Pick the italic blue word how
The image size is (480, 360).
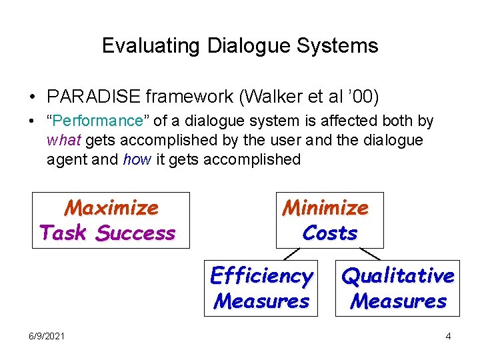coord(137,159)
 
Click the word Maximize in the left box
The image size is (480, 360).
coord(111,208)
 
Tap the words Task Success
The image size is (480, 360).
coord(107,233)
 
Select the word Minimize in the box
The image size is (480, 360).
coord(325,208)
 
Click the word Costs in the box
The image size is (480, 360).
coord(330,233)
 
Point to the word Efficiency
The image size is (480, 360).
coord(261,275)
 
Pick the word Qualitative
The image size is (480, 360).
coord(398,275)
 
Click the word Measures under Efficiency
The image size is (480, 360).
coord(261,301)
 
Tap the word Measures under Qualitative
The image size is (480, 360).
coord(399,301)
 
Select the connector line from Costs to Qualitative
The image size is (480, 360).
coord(370,254)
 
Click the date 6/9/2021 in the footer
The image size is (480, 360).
coord(47,336)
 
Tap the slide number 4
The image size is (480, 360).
coord(448,336)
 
